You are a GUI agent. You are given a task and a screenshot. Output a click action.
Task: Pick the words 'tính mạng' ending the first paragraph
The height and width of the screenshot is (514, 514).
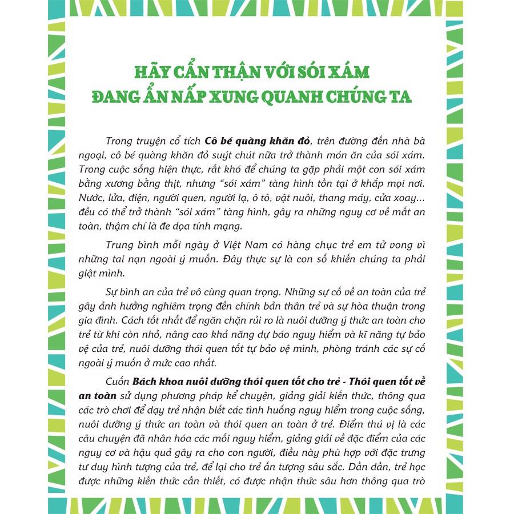[205, 226]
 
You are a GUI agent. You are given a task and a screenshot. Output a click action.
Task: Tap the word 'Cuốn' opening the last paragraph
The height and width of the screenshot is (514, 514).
[118, 382]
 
